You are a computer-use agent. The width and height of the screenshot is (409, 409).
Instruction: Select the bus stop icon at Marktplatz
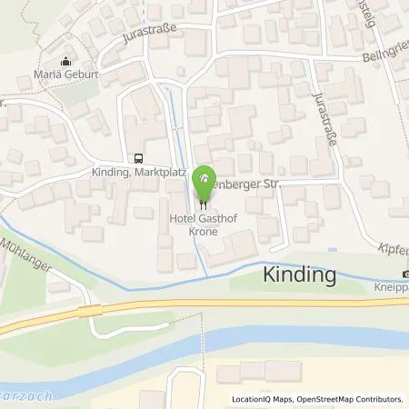[x=138, y=157]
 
